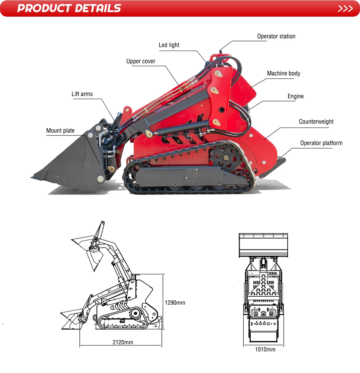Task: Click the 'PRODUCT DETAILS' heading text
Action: coord(69,8)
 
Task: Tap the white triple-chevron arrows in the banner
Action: coord(345,8)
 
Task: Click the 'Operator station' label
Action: coord(276,36)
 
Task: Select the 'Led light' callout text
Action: coord(169,45)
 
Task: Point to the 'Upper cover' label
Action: coord(141,61)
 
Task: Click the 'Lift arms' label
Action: coord(82,94)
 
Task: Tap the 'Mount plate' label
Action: coord(60,131)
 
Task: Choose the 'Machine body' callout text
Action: coord(284,73)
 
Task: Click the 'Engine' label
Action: coord(295,96)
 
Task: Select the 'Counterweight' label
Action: coord(316,122)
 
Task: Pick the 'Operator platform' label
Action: coord(321,143)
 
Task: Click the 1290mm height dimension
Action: coord(175,303)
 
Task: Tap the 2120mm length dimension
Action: coord(123,342)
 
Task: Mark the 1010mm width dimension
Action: coord(265,350)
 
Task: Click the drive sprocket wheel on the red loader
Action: coord(225,157)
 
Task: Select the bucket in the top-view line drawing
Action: coord(263,245)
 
